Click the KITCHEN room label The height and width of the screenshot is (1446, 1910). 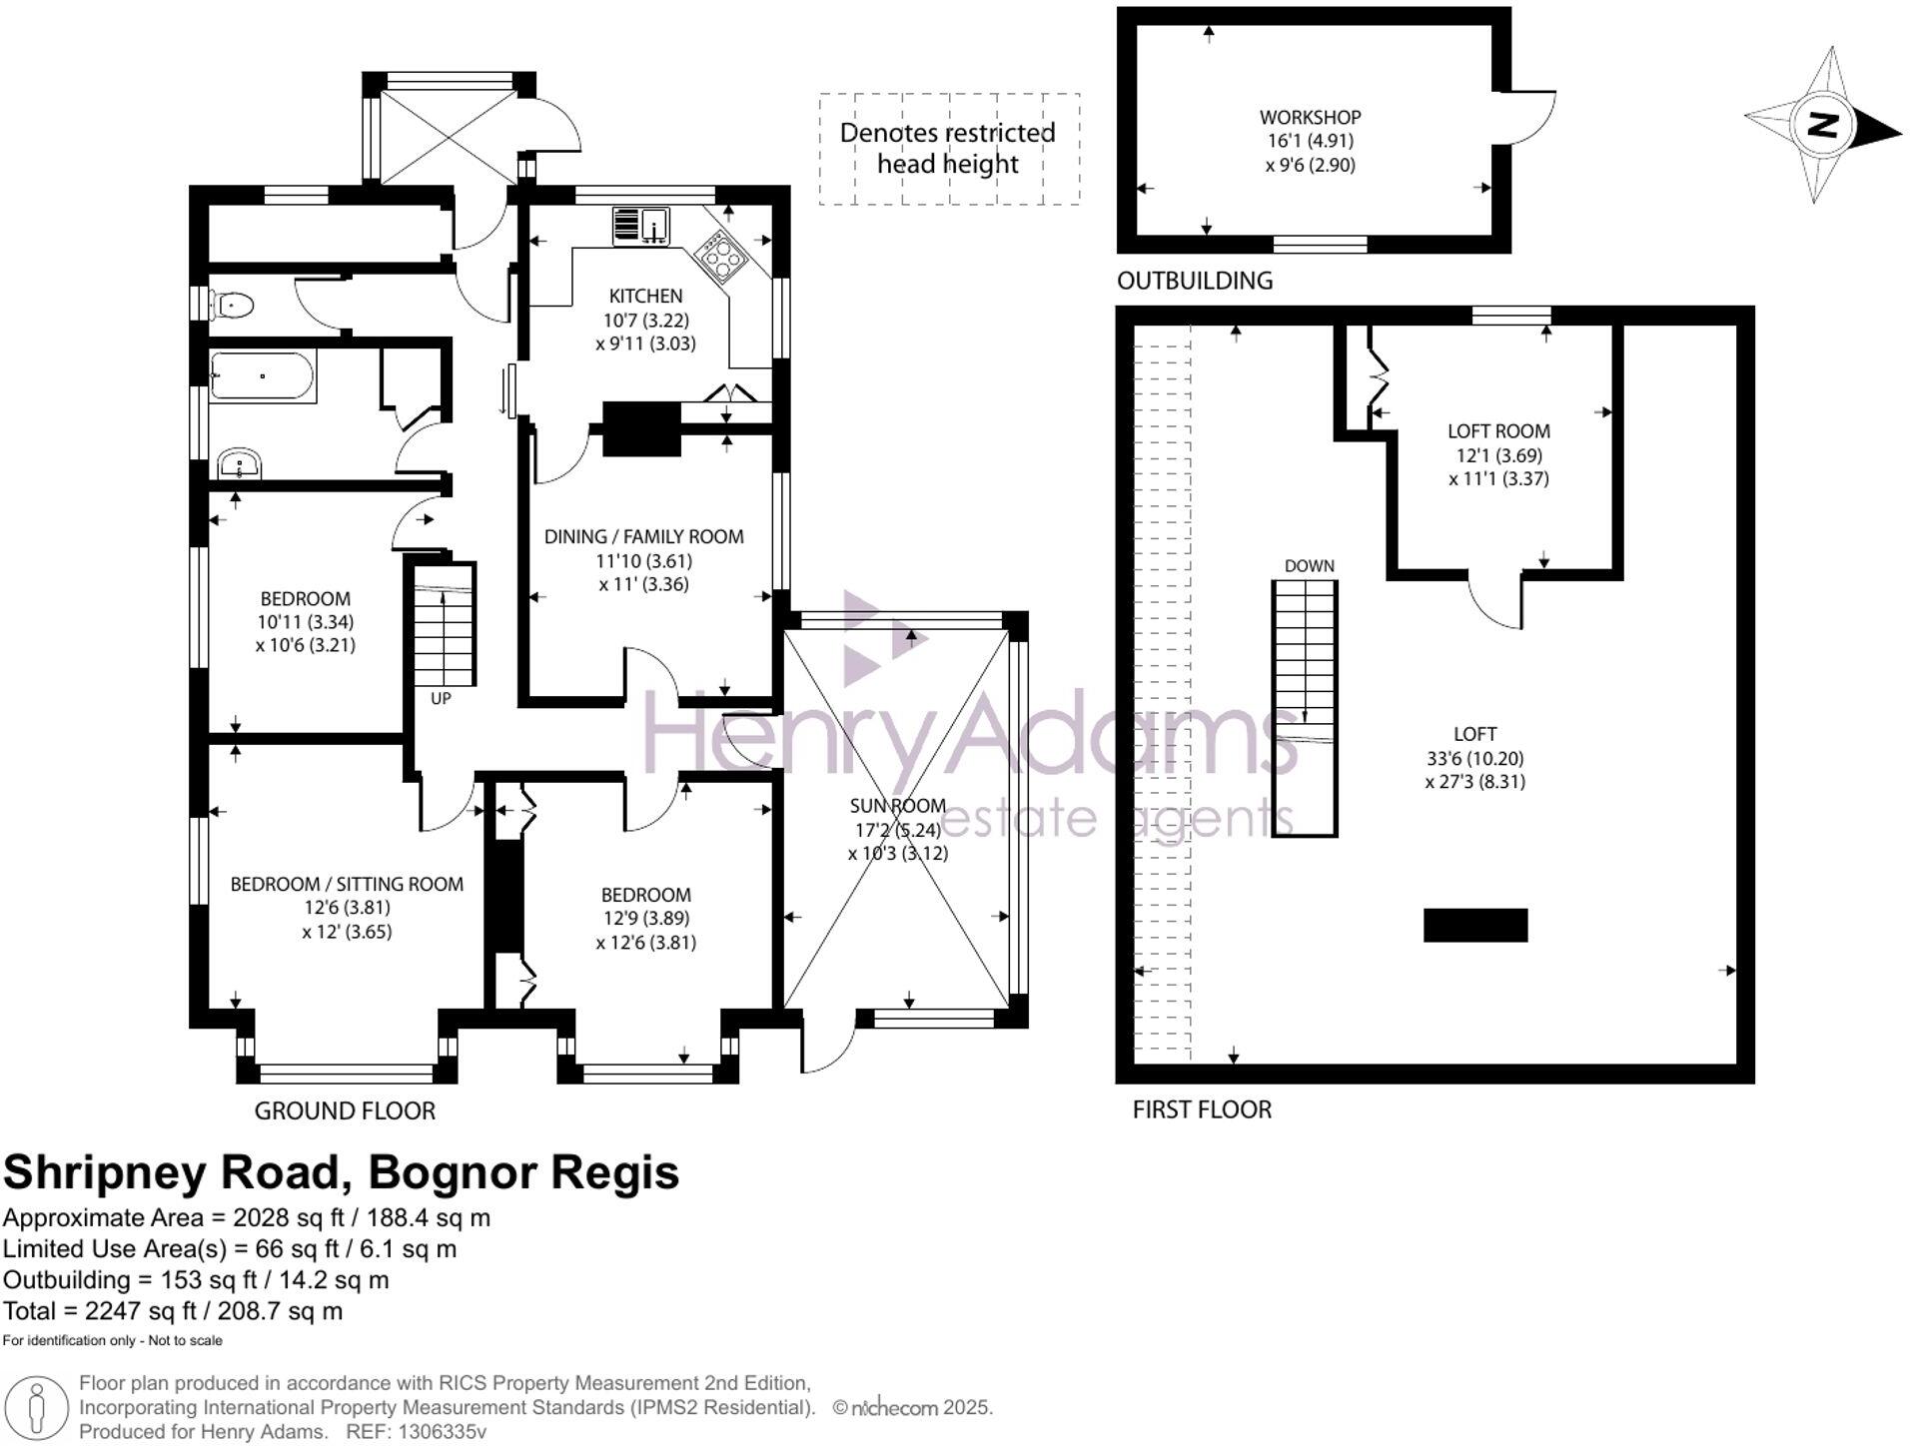pyautogui.click(x=645, y=296)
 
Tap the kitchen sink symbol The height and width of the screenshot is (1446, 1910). pyautogui.click(x=640, y=227)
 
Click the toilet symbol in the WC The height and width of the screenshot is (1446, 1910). pyautogui.click(x=233, y=304)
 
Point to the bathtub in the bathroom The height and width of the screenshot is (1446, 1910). pyautogui.click(x=263, y=376)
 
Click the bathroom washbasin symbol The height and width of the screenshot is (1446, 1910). pyautogui.click(x=239, y=464)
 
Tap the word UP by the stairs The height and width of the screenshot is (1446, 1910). pyautogui.click(x=441, y=699)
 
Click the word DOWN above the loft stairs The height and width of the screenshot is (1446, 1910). pyautogui.click(x=1309, y=566)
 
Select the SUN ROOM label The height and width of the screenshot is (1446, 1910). pyautogui.click(x=897, y=806)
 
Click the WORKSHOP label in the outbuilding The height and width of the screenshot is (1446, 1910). pyautogui.click(x=1310, y=117)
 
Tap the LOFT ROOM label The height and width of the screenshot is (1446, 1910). pyautogui.click(x=1498, y=431)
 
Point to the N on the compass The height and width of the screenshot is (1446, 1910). pyautogui.click(x=1823, y=126)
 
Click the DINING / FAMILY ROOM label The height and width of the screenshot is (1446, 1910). pyautogui.click(x=643, y=537)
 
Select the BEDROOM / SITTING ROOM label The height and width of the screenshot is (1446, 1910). pyautogui.click(x=347, y=884)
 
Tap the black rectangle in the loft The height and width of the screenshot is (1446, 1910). pyautogui.click(x=1474, y=925)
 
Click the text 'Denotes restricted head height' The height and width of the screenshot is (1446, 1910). pyautogui.click(x=947, y=148)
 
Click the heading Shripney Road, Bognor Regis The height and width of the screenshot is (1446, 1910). pyautogui.click(x=341, y=1172)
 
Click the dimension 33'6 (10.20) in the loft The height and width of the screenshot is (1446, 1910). pyautogui.click(x=1474, y=758)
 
